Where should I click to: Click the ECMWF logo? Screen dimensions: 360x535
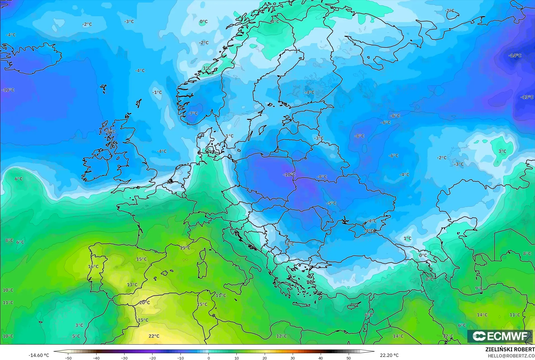(500, 336)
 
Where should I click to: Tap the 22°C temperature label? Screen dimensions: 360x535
(154, 336)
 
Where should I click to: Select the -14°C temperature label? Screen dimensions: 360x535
(515, 56)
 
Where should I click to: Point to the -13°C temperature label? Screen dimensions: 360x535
(527, 97)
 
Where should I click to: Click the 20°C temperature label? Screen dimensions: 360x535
(144, 302)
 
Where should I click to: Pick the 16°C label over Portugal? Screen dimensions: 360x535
(93, 267)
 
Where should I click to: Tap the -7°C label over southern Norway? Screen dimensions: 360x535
(193, 114)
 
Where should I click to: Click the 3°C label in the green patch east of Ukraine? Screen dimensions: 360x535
(502, 151)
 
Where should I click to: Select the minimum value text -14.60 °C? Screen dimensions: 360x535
(39, 355)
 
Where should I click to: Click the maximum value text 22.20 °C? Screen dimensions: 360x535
(389, 355)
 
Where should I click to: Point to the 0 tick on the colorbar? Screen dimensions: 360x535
(208, 358)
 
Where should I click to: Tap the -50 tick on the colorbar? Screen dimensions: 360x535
(68, 358)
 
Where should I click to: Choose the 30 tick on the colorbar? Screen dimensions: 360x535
(292, 358)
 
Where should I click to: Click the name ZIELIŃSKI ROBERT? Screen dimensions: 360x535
(510, 350)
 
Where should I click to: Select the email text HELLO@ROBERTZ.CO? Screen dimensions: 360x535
(511, 356)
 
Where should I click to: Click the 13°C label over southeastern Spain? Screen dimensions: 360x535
(132, 285)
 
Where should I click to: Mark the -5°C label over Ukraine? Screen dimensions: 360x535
(331, 203)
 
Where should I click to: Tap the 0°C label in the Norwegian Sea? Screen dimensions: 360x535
(203, 22)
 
